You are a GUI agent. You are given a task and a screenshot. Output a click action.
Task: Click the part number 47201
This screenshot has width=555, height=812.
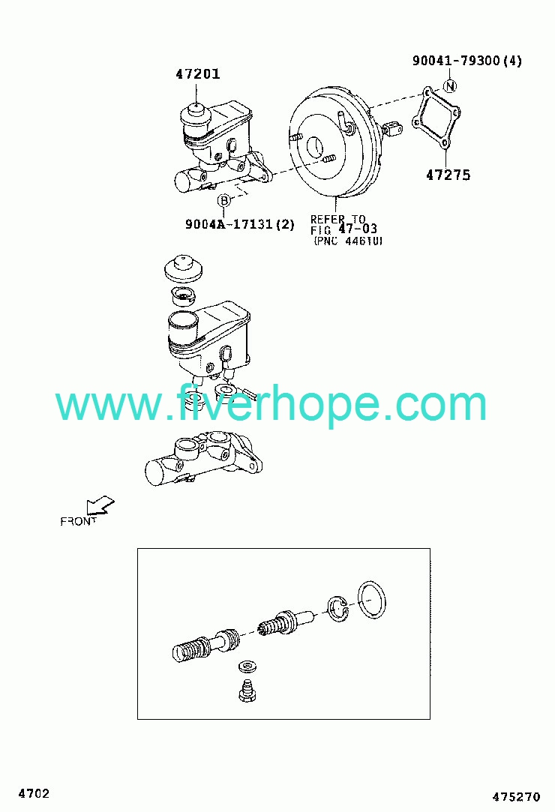point(198,74)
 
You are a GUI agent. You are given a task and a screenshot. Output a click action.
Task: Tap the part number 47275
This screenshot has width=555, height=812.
point(448,175)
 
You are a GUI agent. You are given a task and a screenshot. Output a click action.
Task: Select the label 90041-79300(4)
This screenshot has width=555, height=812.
point(467,61)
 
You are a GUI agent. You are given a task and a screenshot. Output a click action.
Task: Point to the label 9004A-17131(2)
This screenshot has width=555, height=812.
point(240,224)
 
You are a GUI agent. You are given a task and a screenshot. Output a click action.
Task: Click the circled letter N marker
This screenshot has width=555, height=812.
point(450,86)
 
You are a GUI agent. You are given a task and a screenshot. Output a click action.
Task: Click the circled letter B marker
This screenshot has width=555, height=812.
point(223,200)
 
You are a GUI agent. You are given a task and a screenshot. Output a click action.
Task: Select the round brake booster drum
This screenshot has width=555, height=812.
point(334,142)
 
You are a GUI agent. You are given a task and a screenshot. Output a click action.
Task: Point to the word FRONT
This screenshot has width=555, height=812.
point(78,522)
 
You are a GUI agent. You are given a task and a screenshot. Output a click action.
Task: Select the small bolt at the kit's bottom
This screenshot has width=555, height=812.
point(247,690)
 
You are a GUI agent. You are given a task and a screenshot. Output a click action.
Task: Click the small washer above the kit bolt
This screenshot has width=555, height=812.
point(247,666)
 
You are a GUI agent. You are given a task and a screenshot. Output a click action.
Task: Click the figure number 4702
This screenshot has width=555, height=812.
point(34,793)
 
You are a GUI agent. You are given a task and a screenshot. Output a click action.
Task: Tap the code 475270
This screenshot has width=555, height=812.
point(516,797)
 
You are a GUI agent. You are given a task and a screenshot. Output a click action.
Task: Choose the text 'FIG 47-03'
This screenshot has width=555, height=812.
point(343,229)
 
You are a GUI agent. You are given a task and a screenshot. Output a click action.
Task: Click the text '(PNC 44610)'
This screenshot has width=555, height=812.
point(348,241)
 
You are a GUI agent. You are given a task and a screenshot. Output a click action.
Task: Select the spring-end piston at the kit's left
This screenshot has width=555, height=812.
point(205,646)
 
